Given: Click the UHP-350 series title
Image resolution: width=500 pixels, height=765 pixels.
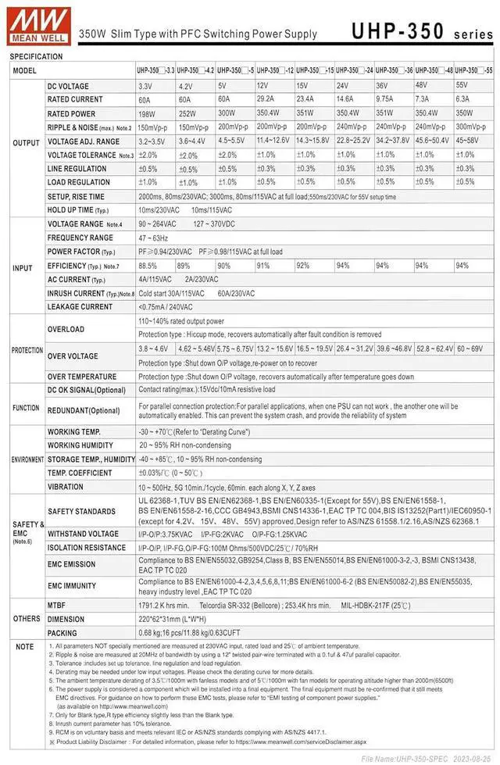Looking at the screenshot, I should click(422, 30).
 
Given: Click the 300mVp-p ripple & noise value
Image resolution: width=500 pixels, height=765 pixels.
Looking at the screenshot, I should click(472, 127).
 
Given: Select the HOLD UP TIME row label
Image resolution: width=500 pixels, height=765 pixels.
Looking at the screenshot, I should click(78, 210).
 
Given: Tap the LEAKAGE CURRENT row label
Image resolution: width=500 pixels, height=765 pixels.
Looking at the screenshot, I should click(80, 307).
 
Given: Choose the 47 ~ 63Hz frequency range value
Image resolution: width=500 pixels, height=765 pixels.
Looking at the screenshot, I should click(154, 238).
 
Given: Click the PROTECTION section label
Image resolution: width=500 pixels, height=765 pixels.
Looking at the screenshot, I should click(27, 350).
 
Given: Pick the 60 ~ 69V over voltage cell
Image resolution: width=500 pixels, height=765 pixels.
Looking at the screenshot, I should click(470, 349).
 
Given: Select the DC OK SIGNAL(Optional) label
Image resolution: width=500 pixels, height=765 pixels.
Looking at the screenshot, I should click(86, 390).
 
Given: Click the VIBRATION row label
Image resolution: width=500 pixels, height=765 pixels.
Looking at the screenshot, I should click(66, 487).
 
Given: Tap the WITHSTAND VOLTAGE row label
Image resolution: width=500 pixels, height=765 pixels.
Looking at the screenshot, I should click(83, 534).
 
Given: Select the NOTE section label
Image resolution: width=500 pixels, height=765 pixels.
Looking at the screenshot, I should click(25, 647).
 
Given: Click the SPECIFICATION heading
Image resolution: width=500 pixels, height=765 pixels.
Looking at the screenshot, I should click(36, 57).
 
